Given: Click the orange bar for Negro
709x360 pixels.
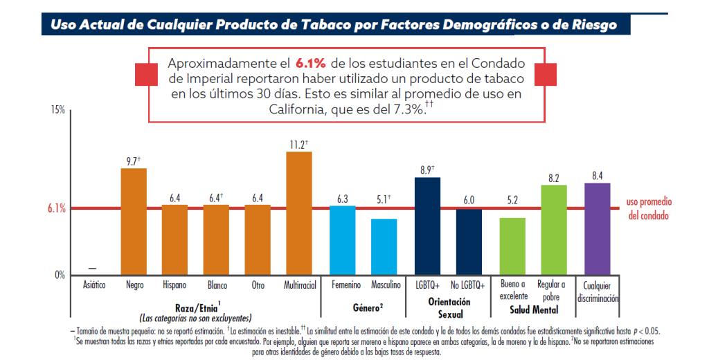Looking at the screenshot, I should (x=134, y=222).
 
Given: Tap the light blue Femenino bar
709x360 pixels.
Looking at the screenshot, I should (x=342, y=240).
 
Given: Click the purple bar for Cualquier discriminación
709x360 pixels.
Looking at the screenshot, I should (x=598, y=228).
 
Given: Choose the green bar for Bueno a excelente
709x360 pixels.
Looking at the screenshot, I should (x=512, y=246).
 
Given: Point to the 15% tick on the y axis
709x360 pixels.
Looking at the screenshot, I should (x=57, y=111).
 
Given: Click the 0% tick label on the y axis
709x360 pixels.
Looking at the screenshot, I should (x=59, y=275).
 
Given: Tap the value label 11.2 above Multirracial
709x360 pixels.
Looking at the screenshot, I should (x=298, y=144).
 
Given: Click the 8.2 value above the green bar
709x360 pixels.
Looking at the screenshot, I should (x=554, y=178).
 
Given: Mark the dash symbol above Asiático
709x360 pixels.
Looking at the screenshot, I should (x=93, y=269).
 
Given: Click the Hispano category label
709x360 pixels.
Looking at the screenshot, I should (x=174, y=285).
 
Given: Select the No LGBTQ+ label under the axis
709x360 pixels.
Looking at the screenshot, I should (x=469, y=285).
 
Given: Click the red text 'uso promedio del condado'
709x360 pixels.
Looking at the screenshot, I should (x=649, y=208).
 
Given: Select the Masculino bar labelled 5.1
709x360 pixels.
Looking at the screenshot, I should (x=384, y=246).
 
